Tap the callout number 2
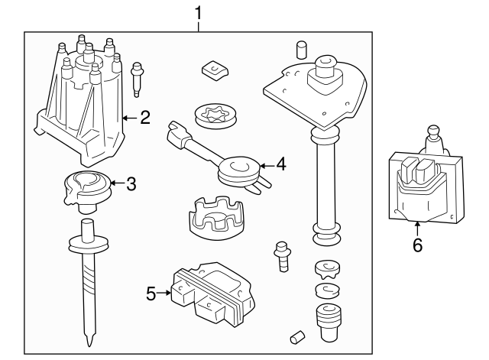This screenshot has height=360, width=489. pyautogui.click(x=145, y=118)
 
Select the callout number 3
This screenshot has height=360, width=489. pyautogui.click(x=131, y=183)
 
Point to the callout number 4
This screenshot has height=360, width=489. pyautogui.click(x=280, y=164)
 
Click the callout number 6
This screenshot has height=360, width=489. pyautogui.click(x=417, y=245)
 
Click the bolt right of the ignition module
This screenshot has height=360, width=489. pyautogui.click(x=283, y=256)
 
